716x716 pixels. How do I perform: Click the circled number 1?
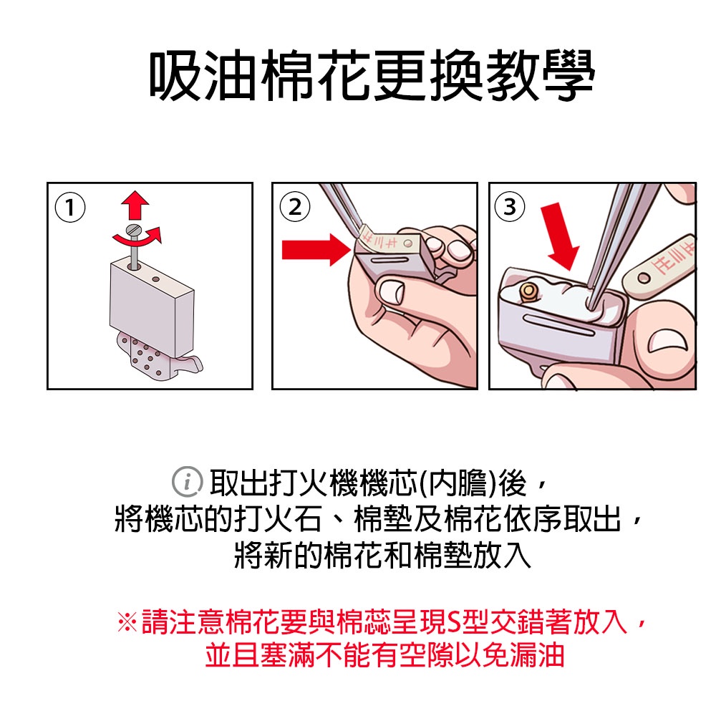70,208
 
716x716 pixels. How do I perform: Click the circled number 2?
295,207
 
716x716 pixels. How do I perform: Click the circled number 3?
510,207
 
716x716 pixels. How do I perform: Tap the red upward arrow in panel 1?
135,205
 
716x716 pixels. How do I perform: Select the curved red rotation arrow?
137,238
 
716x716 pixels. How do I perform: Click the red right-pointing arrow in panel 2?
316,249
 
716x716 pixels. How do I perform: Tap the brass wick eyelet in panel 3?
528,292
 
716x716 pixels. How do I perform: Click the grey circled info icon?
187,482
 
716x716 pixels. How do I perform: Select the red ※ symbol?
127,621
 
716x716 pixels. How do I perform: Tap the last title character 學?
569,75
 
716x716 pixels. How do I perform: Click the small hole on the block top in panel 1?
155,279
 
